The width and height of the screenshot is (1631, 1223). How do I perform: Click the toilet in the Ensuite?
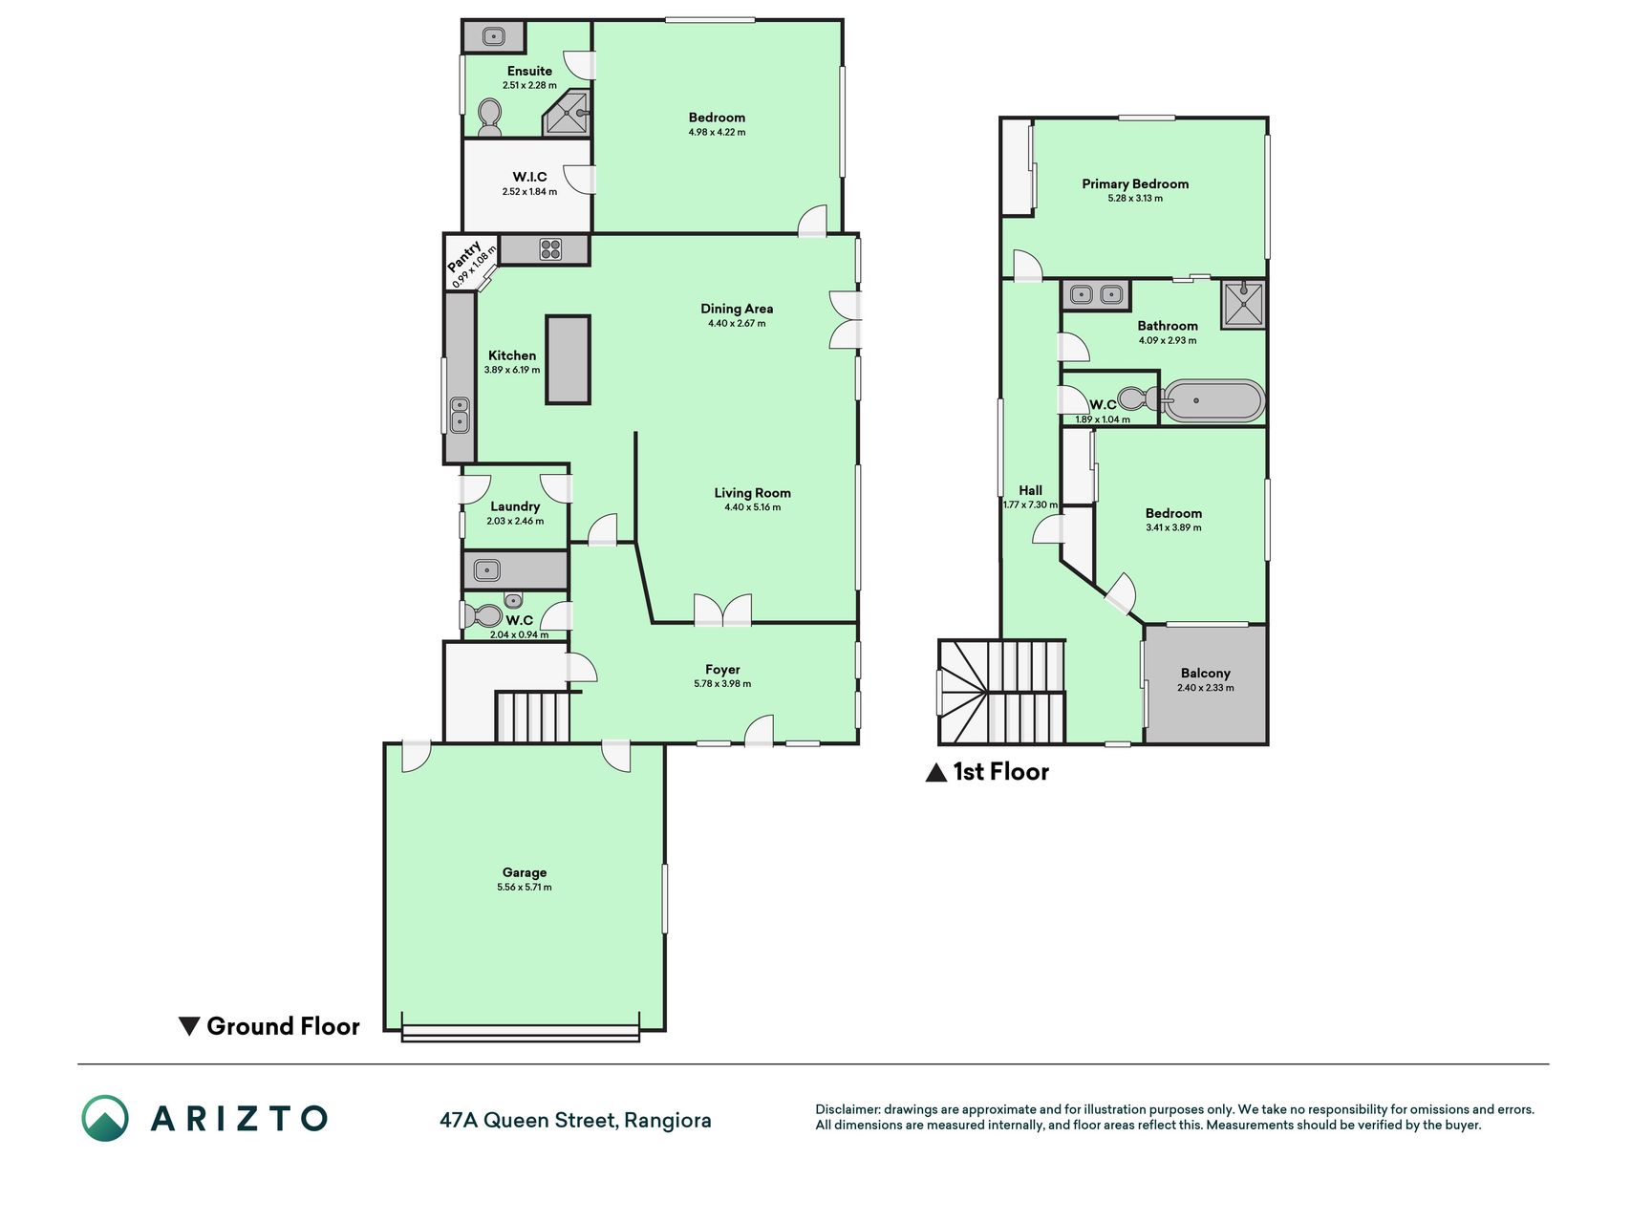[x=489, y=118]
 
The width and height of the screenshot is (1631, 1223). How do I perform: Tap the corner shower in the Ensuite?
[x=568, y=114]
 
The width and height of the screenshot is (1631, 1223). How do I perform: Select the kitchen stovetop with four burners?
[x=550, y=249]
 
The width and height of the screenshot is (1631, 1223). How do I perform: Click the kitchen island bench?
[x=568, y=359]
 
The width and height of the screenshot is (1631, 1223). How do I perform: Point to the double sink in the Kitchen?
[x=460, y=416]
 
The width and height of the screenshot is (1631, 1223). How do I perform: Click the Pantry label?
[x=465, y=255]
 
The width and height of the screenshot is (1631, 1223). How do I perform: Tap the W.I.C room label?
[x=529, y=177]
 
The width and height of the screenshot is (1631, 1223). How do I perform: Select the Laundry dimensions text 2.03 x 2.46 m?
[x=515, y=521]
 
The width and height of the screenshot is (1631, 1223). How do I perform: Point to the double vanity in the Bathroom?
[x=1096, y=295]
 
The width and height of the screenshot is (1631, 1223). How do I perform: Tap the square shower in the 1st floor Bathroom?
[x=1244, y=305]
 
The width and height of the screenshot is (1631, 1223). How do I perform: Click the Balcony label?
[x=1206, y=673]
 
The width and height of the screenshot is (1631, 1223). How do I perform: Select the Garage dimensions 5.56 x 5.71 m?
[x=525, y=887]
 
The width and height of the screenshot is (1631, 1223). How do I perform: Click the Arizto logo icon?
[x=104, y=1118]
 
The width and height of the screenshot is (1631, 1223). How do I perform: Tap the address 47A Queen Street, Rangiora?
[x=575, y=1120]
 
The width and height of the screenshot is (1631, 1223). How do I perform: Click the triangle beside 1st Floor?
[x=936, y=772]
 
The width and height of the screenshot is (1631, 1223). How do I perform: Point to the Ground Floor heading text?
[x=284, y=1026]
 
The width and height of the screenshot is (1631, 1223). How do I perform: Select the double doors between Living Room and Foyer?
[x=722, y=611]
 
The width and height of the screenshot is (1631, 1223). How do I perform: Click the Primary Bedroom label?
[x=1135, y=183]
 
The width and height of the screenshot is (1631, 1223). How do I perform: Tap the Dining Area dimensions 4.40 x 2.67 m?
[x=737, y=323]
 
